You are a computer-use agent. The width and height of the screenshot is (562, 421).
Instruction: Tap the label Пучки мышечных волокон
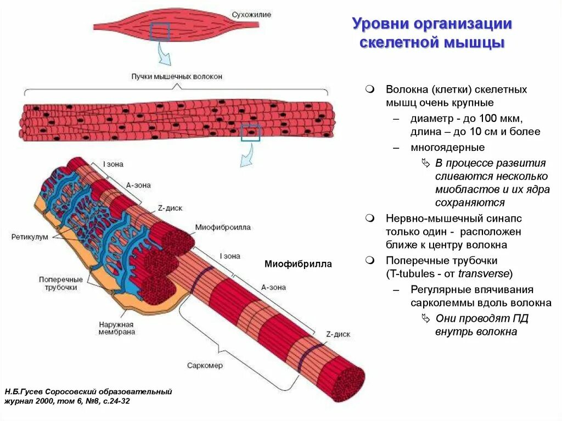177,77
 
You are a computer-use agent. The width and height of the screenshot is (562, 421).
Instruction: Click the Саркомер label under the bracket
205,366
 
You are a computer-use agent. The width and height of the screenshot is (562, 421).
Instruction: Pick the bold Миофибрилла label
298,264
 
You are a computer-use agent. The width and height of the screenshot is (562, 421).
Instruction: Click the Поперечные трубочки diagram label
61,283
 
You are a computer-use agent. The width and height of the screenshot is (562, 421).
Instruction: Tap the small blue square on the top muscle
160,32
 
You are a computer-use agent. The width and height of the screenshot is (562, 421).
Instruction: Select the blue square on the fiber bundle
250,132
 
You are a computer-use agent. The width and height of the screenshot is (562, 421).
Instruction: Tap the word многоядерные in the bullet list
447,148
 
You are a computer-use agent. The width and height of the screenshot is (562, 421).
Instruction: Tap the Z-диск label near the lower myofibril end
338,334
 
